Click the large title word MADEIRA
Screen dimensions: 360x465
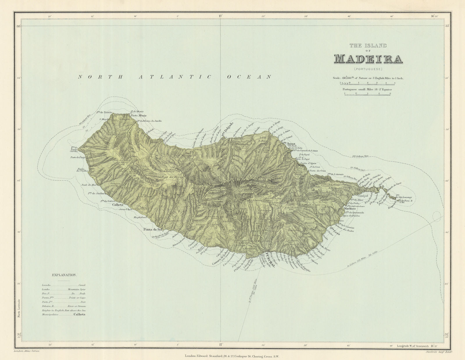coord(368,59)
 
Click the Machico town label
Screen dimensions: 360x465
coord(350,208)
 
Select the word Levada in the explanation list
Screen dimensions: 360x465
coord(46,285)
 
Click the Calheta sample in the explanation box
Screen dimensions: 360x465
coord(79,314)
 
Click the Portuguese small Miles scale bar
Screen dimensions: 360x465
coord(368,94)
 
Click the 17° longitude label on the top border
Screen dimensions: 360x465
coord(220,17)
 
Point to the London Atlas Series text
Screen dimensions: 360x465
coord(26,351)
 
